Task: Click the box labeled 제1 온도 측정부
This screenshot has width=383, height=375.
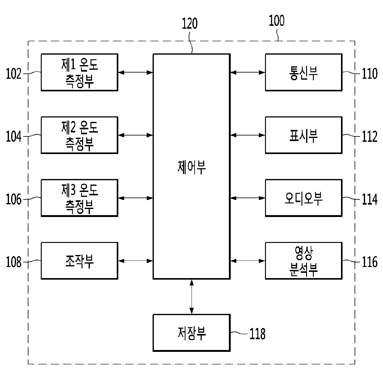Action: coord(79,72)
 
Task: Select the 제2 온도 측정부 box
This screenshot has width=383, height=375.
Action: coord(79,135)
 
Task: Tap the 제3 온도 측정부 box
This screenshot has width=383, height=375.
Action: coord(79,198)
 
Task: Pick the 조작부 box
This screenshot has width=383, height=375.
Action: coord(79,261)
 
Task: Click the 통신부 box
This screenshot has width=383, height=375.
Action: coord(303,72)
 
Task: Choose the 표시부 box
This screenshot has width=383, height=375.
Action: coord(303,135)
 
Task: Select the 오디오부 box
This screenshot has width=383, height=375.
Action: coord(303,198)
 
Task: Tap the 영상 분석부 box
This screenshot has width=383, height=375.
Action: coord(303,261)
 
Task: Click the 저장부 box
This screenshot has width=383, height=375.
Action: coord(192,333)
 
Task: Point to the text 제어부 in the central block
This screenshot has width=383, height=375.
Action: coord(192,168)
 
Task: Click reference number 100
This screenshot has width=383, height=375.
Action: coord(276,21)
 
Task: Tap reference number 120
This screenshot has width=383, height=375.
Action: coord(189,23)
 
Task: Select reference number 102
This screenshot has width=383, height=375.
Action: coord(14,74)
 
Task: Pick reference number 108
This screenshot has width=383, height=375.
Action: coord(14,262)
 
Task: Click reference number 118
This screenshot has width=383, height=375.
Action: coord(257,334)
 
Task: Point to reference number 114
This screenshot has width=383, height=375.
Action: coord(369,199)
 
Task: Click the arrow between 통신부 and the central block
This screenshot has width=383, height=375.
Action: coord(247,73)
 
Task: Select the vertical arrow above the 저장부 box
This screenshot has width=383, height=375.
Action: coord(192,297)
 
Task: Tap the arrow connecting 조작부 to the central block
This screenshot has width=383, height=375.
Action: coord(135,261)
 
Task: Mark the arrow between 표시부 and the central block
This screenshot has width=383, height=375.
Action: coord(247,135)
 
